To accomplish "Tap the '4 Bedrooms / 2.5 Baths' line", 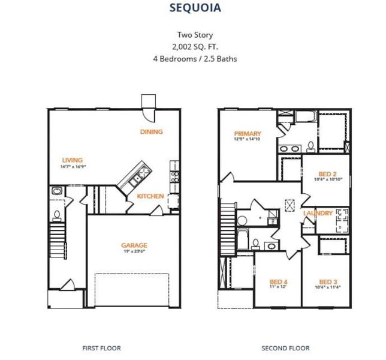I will pyautogui.click(x=192, y=58).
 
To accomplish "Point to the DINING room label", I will pyautogui.click(x=151, y=132).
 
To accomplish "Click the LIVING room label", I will pyautogui.click(x=72, y=160).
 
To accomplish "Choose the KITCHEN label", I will pyautogui.click(x=150, y=196).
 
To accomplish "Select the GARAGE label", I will pyautogui.click(x=134, y=245).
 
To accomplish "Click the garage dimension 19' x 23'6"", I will pyautogui.click(x=134, y=251).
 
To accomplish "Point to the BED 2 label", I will pyautogui.click(x=327, y=173).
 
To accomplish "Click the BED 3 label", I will pyautogui.click(x=327, y=282).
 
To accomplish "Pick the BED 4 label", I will pyautogui.click(x=278, y=282).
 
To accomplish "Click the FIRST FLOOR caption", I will pyautogui.click(x=101, y=348).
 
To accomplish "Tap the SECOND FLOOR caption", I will pyautogui.click(x=285, y=348).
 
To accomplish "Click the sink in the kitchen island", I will pyautogui.click(x=135, y=178).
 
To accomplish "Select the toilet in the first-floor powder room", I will pyautogui.click(x=56, y=214).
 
